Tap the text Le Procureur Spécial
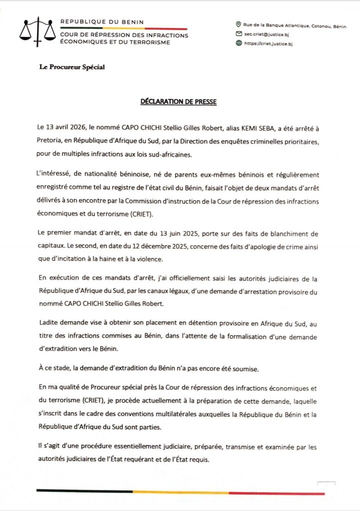click(x=72, y=67)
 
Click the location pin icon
click(x=238, y=24)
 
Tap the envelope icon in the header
click(x=238, y=33)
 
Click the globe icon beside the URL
click(x=238, y=43)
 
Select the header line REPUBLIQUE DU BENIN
click(x=102, y=22)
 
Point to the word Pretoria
click(x=51, y=142)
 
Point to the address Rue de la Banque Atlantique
click(x=274, y=24)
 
